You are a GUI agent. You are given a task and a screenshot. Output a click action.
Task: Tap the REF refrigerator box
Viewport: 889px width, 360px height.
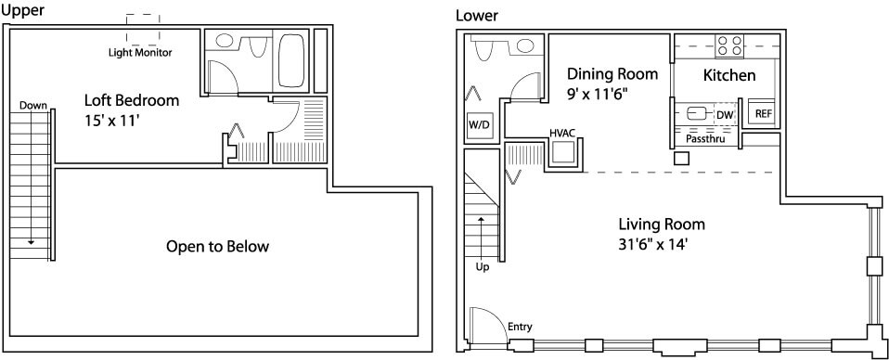763,113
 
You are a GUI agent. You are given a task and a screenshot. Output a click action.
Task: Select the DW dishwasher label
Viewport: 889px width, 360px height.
725,116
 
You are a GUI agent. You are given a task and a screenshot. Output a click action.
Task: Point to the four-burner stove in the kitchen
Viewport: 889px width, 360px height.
729,45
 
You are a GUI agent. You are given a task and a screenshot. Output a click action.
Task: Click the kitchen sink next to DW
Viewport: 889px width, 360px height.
695,114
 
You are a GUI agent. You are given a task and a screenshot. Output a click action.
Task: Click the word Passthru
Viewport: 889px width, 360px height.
705,137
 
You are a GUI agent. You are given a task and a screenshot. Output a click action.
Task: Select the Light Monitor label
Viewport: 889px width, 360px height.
140,53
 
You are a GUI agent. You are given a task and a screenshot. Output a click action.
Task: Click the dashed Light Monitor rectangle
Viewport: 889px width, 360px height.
143,30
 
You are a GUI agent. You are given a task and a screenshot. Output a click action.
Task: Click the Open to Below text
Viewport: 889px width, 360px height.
217,247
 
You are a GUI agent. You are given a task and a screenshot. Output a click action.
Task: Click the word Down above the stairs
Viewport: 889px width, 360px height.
32,106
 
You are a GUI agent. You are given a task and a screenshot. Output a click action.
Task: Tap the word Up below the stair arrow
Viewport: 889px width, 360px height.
483,267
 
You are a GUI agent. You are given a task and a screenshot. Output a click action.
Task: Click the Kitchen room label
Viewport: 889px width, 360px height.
729,75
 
